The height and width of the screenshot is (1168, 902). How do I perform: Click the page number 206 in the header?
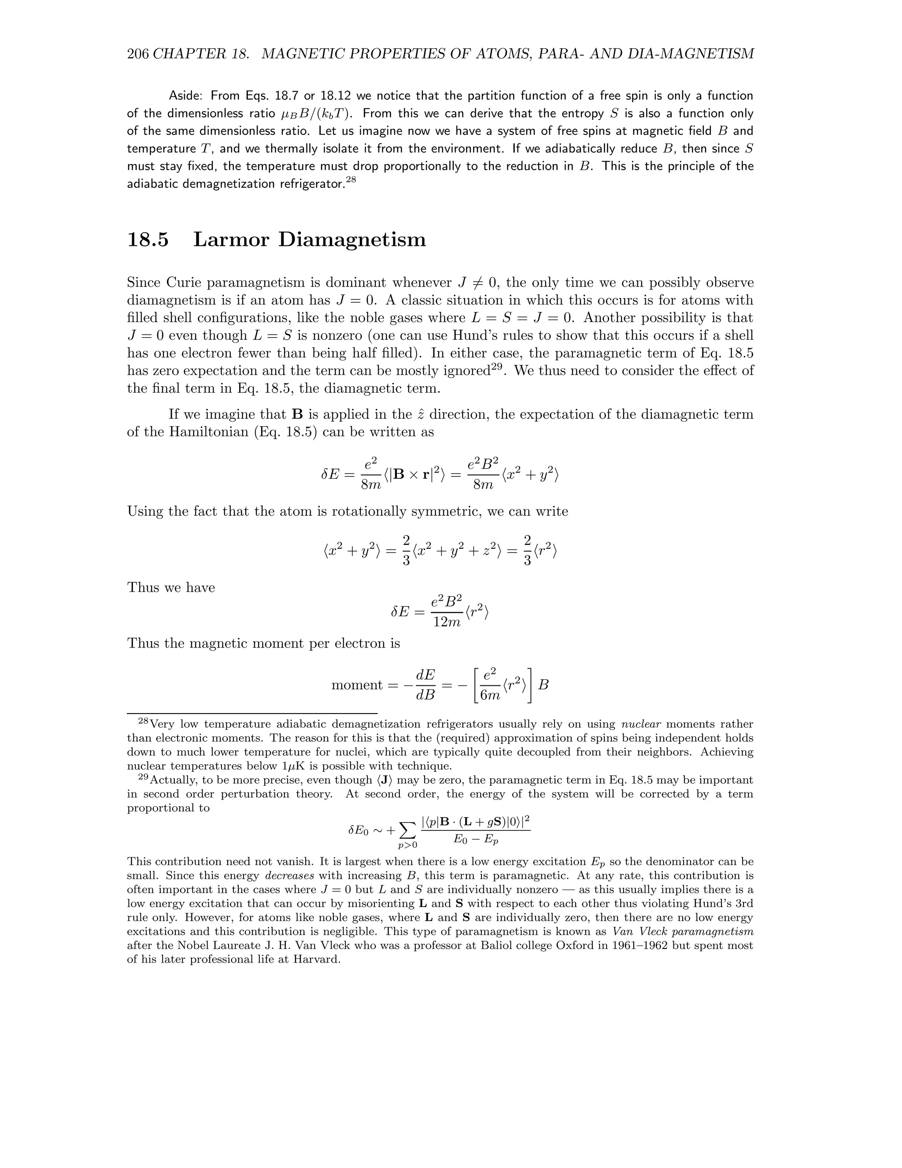138,54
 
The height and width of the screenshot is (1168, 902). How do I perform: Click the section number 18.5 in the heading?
148,239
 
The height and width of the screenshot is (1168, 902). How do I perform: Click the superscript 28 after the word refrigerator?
351,180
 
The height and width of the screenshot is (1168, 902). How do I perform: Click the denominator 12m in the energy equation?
446,622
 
